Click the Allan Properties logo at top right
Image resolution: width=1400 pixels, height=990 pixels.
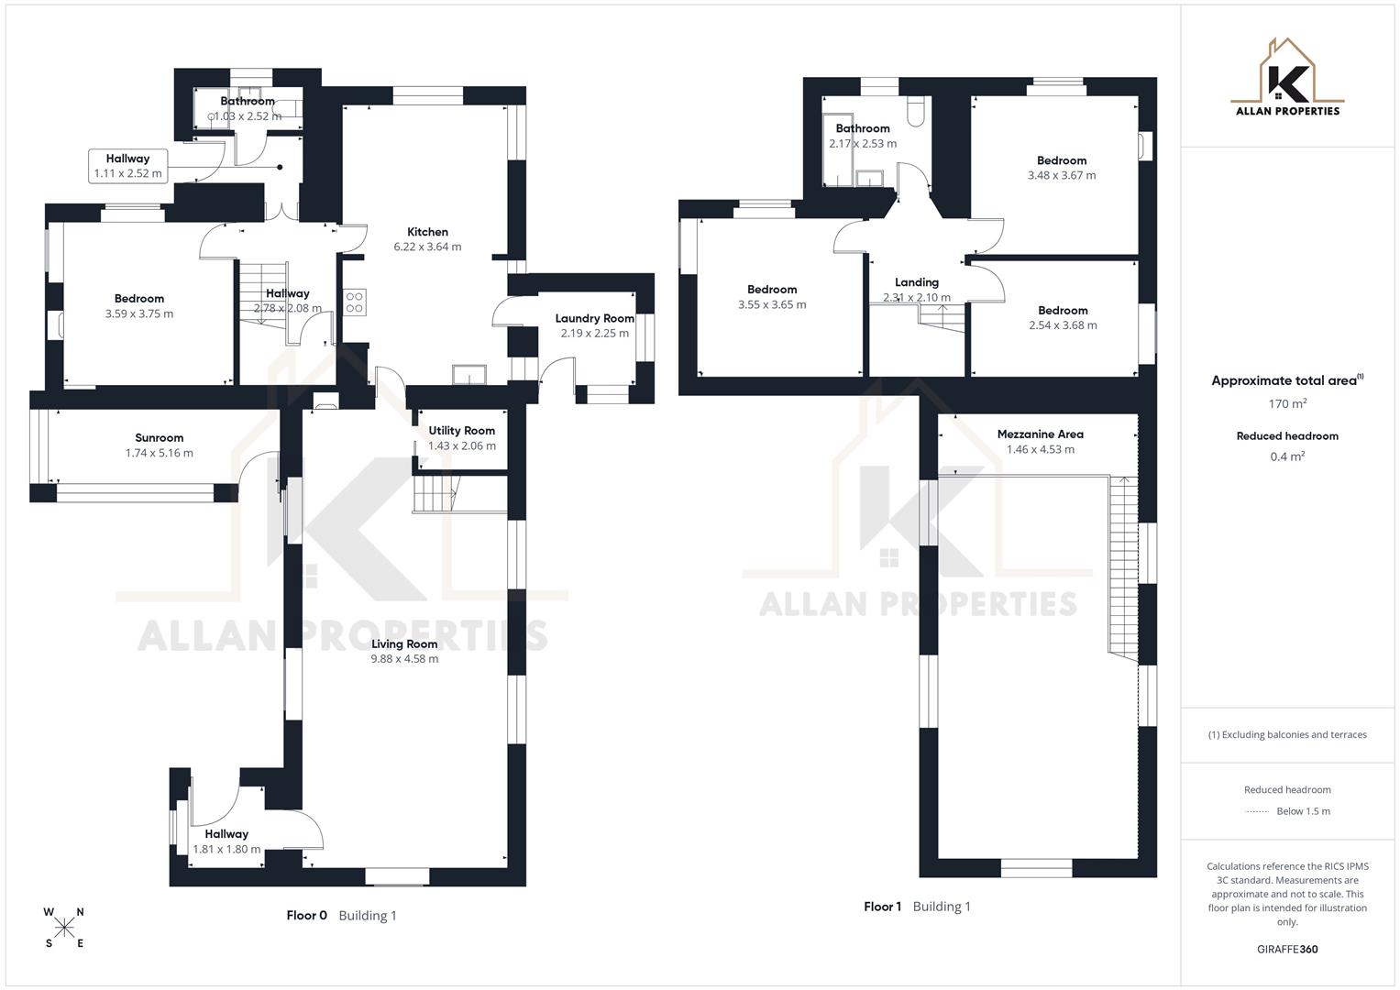point(1287,78)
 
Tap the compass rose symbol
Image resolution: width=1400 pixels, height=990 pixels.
point(64,928)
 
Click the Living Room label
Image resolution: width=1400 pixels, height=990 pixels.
point(404,643)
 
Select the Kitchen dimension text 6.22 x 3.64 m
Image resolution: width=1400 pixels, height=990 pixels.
point(427,247)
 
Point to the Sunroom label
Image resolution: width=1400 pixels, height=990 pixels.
point(160,437)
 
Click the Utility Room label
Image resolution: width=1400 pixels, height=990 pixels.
point(461,430)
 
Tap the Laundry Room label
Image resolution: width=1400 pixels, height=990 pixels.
point(594,318)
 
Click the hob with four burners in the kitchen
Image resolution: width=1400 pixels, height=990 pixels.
point(355,302)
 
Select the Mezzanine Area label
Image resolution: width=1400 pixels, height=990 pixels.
point(1040,434)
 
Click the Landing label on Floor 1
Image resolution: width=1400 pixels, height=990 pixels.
point(916,282)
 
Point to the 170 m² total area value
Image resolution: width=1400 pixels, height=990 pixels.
point(1287,403)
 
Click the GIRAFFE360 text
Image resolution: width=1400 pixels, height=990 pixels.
point(1287,949)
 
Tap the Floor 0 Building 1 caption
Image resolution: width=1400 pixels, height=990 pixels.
point(341,915)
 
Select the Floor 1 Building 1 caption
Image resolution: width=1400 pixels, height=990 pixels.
point(917,907)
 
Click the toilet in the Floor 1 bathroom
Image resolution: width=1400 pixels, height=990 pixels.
point(915,112)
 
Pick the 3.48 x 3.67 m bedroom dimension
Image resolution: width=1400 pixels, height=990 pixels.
point(1061,175)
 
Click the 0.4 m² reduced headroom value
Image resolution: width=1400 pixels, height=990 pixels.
point(1287,456)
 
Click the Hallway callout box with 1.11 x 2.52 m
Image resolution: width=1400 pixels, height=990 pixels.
point(128,166)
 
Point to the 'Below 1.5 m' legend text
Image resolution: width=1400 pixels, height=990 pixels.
point(1303,811)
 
